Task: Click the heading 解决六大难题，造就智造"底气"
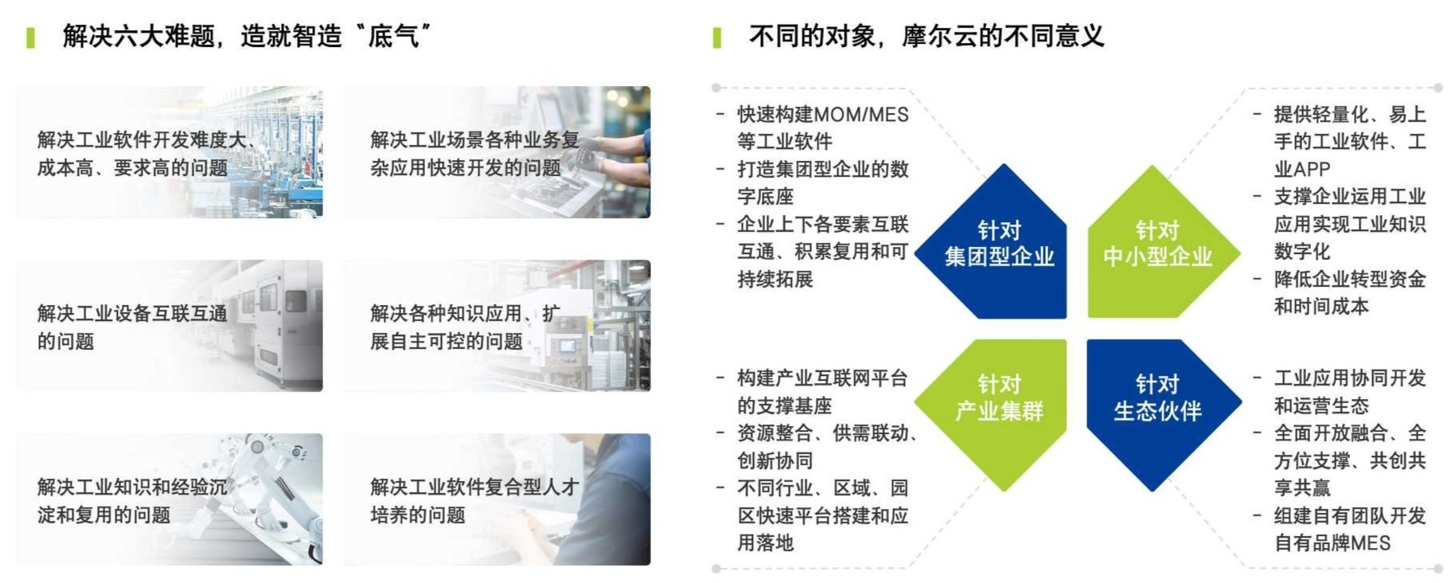pos(248,36)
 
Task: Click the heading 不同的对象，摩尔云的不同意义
pos(926,36)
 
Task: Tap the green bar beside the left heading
pos(30,37)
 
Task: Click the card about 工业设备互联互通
pos(170,326)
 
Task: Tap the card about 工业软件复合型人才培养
pos(497,499)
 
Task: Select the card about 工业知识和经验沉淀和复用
pos(170,499)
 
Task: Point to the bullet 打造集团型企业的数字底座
pos(822,182)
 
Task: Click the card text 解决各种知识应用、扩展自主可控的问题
pos(465,327)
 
